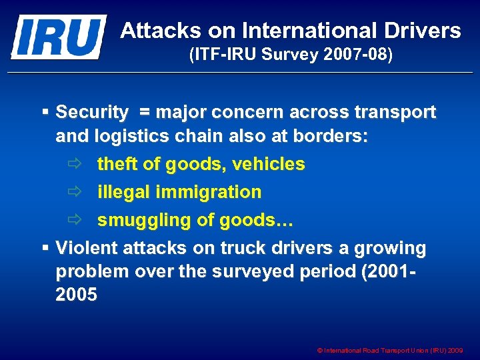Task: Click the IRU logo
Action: pos(59,37)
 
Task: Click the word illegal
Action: pos(123,192)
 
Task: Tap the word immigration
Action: pos(209,192)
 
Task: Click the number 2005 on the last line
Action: pos(76,294)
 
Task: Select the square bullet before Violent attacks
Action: pos(45,248)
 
